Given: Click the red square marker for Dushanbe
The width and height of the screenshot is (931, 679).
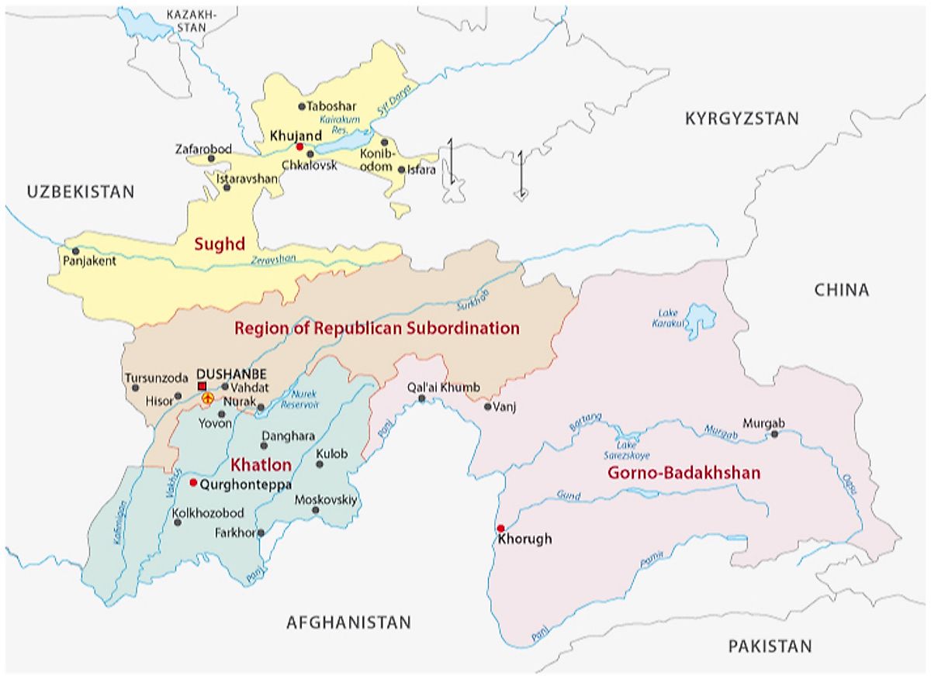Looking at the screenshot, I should pyautogui.click(x=202, y=386).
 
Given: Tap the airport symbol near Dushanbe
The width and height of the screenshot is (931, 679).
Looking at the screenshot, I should pyautogui.click(x=207, y=398).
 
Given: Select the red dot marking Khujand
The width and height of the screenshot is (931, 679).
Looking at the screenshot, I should pyautogui.click(x=299, y=146).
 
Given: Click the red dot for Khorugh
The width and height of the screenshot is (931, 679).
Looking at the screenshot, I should pyautogui.click(x=500, y=528).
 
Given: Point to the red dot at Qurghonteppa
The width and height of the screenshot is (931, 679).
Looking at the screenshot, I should pyautogui.click(x=193, y=482).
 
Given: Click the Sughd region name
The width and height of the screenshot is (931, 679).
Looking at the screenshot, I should pyautogui.click(x=220, y=245).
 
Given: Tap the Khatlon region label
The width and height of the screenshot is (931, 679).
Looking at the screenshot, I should pyautogui.click(x=261, y=465).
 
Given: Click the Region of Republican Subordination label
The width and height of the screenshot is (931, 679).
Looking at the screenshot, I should pyautogui.click(x=376, y=328).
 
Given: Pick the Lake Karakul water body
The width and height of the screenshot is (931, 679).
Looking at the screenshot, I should pyautogui.click(x=701, y=316).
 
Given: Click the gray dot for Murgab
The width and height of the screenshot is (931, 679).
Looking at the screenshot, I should pyautogui.click(x=774, y=434).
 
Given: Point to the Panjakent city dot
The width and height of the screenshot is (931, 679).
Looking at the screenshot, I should pyautogui.click(x=75, y=251).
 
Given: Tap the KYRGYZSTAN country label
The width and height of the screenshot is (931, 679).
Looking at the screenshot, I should pyautogui.click(x=741, y=119).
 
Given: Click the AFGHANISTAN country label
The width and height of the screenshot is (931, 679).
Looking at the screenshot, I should pyautogui.click(x=348, y=622).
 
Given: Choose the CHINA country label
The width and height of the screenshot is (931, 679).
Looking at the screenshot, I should pyautogui.click(x=841, y=290).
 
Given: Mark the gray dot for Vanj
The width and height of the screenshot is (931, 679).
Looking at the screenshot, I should pyautogui.click(x=487, y=406).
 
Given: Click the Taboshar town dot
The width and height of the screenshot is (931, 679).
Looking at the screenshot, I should pyautogui.click(x=302, y=106).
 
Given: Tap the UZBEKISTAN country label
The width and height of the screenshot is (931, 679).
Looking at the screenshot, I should pyautogui.click(x=81, y=191).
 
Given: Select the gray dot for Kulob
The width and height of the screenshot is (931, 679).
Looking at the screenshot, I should pyautogui.click(x=320, y=464).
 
